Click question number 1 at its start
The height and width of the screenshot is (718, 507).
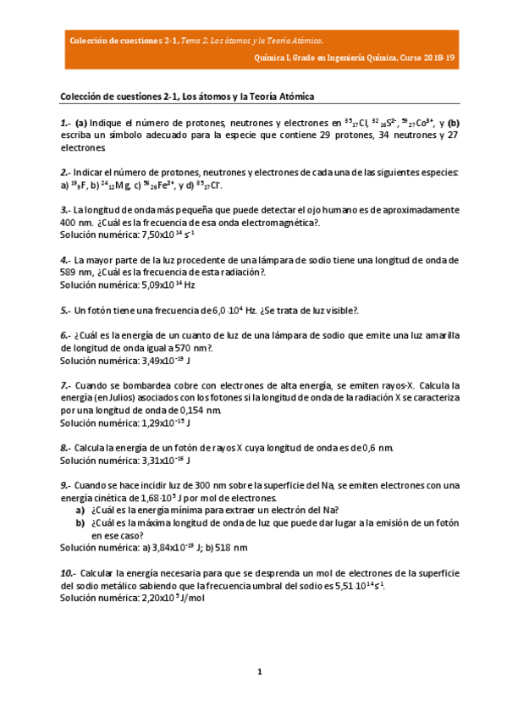(x=64, y=122)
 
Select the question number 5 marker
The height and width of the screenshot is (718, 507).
(x=64, y=310)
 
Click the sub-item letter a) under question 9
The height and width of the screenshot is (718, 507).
(x=80, y=510)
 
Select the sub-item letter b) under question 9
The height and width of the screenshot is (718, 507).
(x=80, y=522)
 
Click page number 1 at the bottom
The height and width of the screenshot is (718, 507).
(x=261, y=671)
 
